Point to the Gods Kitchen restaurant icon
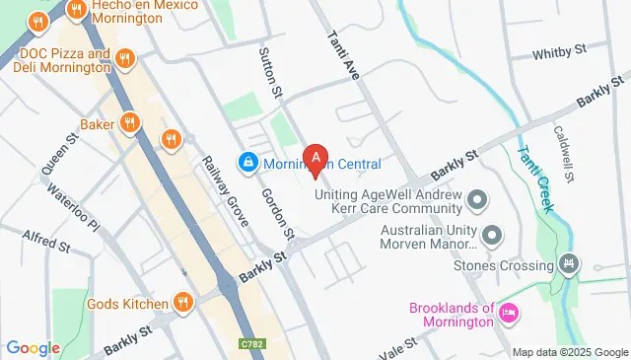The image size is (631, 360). point(182,302)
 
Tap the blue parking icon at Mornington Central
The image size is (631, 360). point(247,161)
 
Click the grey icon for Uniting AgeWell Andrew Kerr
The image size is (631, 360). point(478,200)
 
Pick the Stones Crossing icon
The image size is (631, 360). point(568,264)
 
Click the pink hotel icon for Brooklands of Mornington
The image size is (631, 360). point(509,314)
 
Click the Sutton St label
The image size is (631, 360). point(270,71)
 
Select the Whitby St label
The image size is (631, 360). point(559,52)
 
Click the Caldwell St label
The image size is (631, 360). point(565,153)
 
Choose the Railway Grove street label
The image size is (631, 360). point(224,191)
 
